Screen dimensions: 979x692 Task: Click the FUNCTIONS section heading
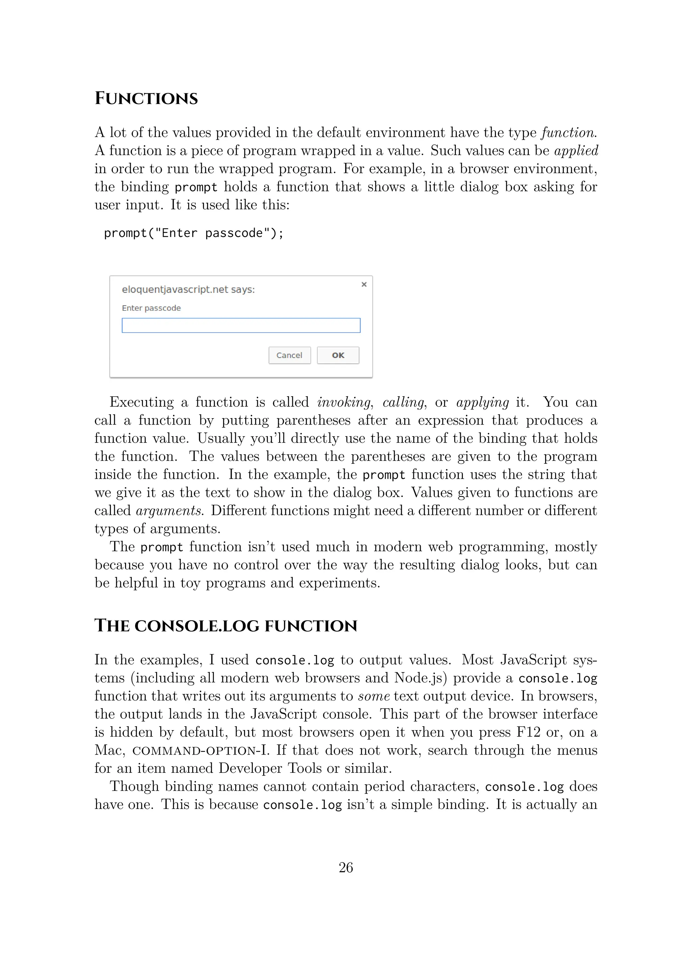(146, 98)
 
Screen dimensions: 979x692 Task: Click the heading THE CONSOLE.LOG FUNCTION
(225, 626)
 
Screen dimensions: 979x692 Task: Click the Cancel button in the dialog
(289, 355)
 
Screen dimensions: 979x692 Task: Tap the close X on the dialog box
(364, 284)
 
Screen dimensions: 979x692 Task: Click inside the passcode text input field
(241, 325)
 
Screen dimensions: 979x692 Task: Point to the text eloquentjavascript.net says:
(188, 289)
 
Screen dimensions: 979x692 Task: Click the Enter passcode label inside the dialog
(151, 308)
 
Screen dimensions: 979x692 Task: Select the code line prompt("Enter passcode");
(194, 233)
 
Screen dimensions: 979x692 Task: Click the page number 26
(346, 867)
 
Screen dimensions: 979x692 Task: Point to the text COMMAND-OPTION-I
(201, 750)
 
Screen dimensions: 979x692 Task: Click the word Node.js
(420, 678)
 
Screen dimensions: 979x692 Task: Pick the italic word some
(374, 696)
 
